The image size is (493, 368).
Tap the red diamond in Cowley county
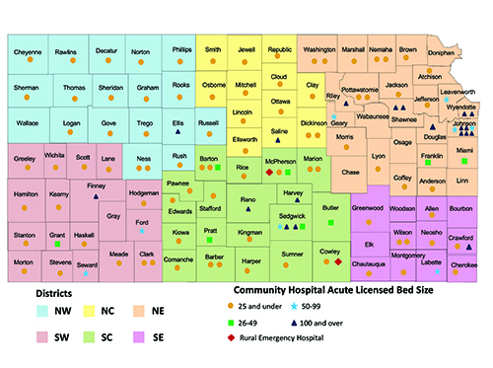coord(338,261)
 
